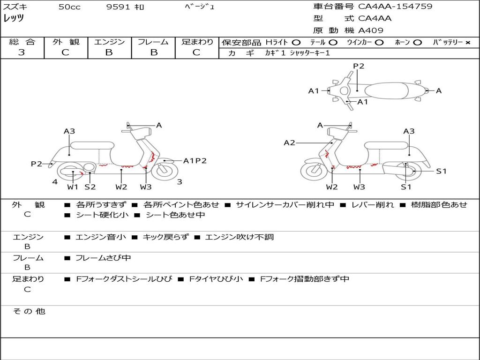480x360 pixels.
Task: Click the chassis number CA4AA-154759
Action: (x=395, y=7)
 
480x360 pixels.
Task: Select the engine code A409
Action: (x=371, y=30)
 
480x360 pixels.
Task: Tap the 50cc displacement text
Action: (x=69, y=7)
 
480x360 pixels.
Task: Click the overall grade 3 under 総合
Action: (x=22, y=52)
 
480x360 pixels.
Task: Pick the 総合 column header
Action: (x=22, y=42)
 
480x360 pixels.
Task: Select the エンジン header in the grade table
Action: (x=109, y=42)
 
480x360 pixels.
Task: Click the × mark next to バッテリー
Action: (x=467, y=42)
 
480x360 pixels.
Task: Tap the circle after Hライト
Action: (x=296, y=42)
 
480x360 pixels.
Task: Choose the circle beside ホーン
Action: (x=417, y=42)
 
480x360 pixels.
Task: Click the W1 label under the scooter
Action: (x=72, y=187)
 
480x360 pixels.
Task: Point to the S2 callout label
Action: (x=90, y=187)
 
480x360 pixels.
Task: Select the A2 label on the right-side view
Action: (x=289, y=142)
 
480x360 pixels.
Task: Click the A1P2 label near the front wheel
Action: (x=195, y=161)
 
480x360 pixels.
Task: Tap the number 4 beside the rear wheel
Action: (x=55, y=182)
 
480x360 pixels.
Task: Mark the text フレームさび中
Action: (x=103, y=258)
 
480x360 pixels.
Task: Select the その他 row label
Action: (x=29, y=311)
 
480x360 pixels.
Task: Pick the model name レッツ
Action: (x=14, y=18)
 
